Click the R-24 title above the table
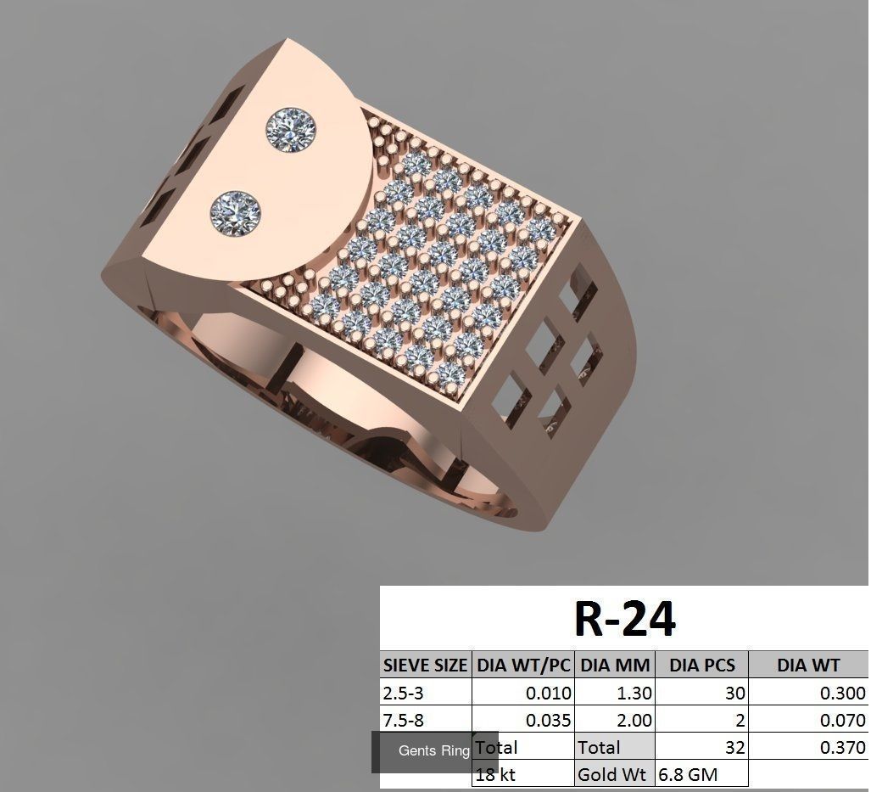[x=624, y=618]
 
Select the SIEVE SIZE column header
[x=425, y=665]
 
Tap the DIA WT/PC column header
[x=523, y=665]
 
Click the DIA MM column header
[x=615, y=665]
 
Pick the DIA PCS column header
[x=701, y=665]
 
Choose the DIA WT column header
[x=807, y=665]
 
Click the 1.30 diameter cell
[x=634, y=693]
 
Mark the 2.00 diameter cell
[x=634, y=721]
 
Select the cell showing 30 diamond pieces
[x=734, y=693]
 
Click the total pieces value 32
[x=734, y=748]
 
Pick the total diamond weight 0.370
[x=842, y=748]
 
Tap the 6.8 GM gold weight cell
[x=687, y=774]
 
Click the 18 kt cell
[x=497, y=774]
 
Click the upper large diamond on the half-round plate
[x=291, y=130]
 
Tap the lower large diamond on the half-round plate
[x=237, y=212]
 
